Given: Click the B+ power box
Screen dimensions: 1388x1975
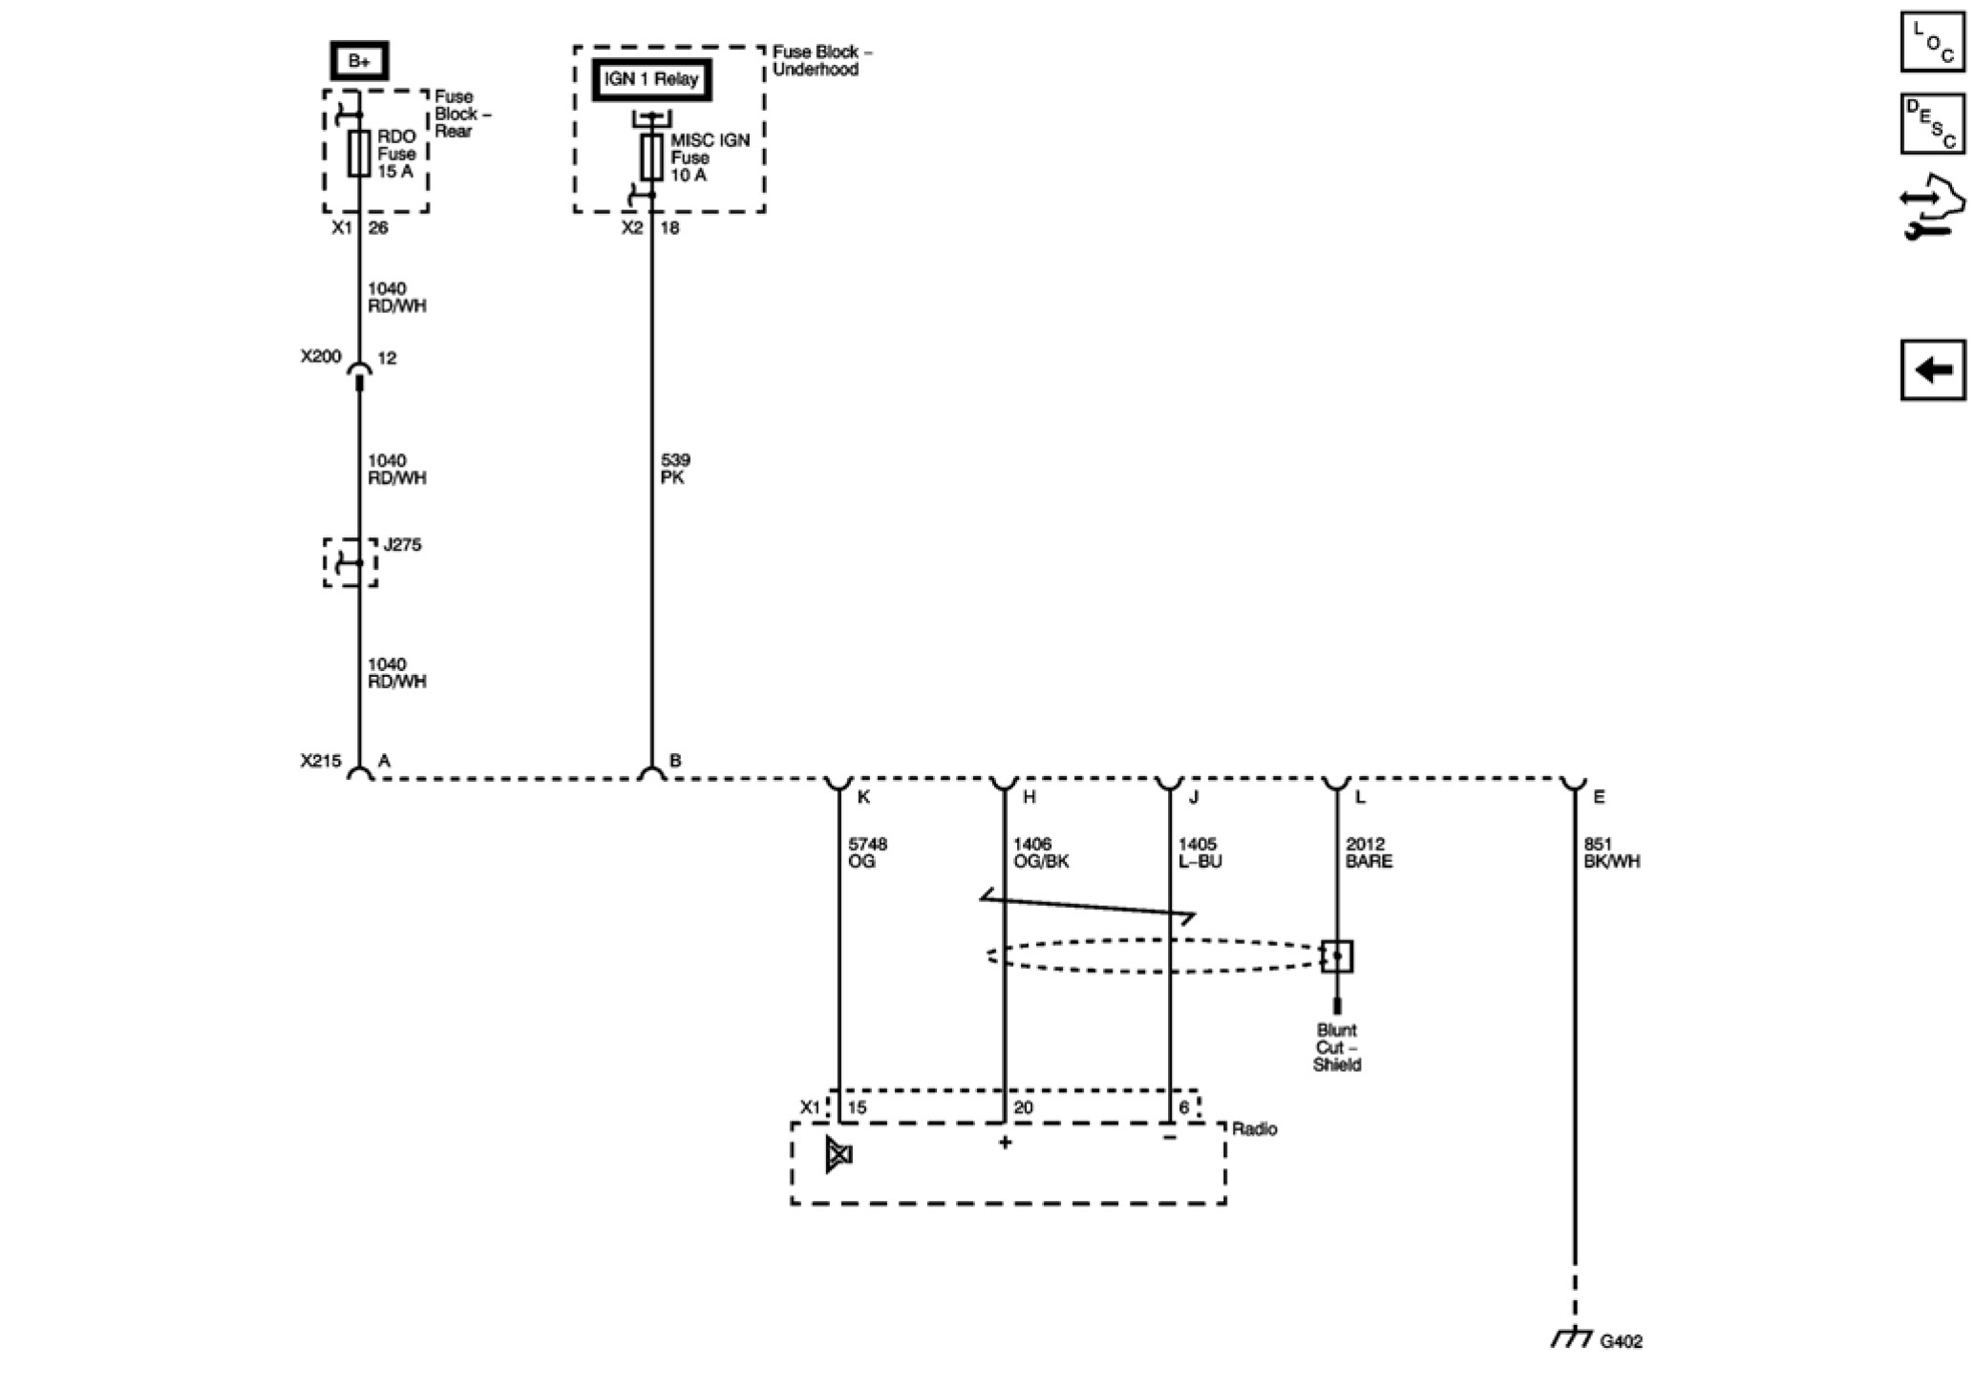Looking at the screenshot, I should (x=359, y=61).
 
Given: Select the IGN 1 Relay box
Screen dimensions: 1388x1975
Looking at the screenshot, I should (x=651, y=79).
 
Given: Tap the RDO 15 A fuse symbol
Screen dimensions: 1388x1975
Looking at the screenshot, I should (x=359, y=154).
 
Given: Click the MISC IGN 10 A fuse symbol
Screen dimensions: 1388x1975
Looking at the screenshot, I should (x=651, y=158).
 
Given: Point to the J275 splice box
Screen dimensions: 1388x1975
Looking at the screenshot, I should (x=350, y=562).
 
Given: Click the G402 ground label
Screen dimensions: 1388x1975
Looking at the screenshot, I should (x=1621, y=1341).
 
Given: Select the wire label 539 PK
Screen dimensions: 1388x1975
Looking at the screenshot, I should (x=674, y=469).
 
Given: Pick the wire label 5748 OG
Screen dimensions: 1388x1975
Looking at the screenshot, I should (x=867, y=852).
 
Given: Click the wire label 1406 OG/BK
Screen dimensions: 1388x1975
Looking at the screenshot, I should (x=1040, y=852).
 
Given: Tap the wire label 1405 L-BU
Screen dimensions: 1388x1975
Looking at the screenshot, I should (x=1200, y=852).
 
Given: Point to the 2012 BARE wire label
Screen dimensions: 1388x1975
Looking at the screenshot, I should (x=1369, y=852).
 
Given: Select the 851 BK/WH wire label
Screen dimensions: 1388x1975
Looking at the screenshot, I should (x=1611, y=852).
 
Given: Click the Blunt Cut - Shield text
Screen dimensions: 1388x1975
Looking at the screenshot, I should (x=1336, y=1047).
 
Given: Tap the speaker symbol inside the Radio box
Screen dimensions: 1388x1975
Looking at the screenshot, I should (x=839, y=1155).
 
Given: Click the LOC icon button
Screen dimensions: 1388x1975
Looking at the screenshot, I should (x=1933, y=42).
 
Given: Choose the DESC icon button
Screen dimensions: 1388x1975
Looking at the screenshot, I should (x=1933, y=123).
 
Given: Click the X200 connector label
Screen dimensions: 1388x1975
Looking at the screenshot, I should (x=321, y=356).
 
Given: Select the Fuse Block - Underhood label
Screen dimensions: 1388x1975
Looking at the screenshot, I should (x=821, y=61).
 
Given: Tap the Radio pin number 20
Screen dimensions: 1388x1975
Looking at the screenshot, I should (x=1023, y=1107).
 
